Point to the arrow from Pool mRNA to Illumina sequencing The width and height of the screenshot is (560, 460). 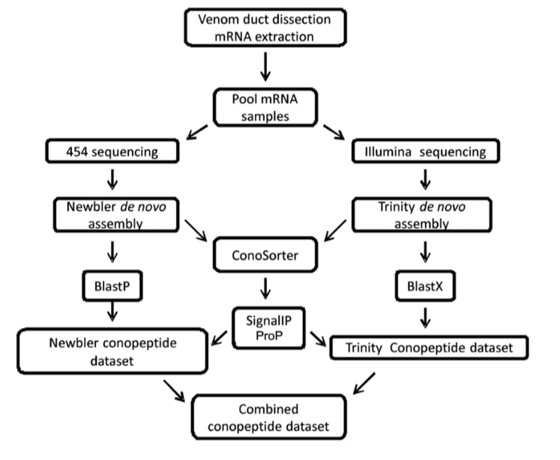pos(334,132)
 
